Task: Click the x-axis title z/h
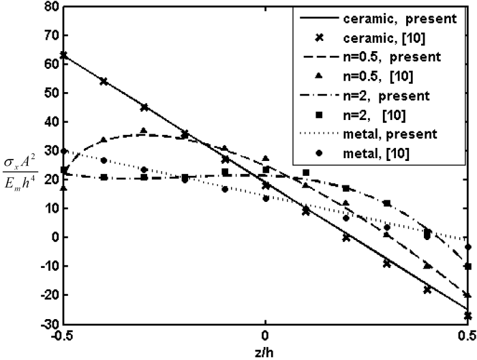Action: (265, 350)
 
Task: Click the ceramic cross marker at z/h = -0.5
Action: (63, 55)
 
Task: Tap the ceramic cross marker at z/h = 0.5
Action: (467, 316)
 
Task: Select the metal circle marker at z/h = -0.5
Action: (63, 151)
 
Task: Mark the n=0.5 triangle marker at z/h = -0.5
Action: (63, 188)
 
